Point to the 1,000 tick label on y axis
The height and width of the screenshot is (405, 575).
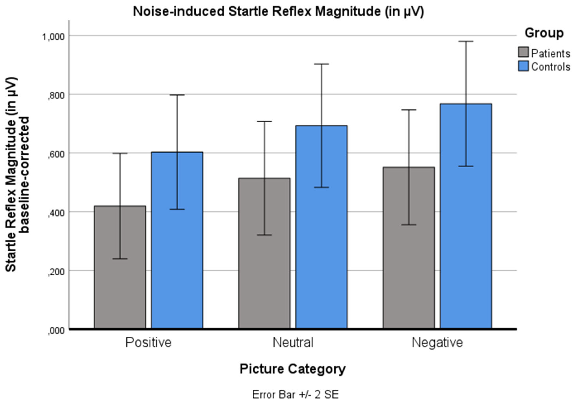pyautogui.click(x=53, y=37)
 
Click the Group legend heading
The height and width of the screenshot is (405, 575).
pyautogui.click(x=544, y=33)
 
